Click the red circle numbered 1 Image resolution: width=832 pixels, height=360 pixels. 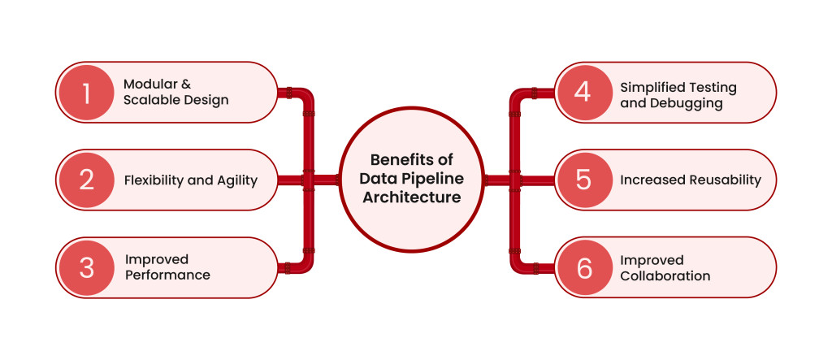[85, 93]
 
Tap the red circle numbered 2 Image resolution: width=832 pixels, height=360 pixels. [85, 180]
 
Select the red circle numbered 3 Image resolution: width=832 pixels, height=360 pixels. [85, 267]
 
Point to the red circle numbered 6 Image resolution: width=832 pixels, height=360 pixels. [583, 267]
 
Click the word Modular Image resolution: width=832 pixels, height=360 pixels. [149, 85]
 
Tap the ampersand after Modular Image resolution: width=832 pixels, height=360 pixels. [186, 85]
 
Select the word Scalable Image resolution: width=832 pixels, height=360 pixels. [149, 100]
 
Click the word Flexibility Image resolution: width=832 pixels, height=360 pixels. [153, 180]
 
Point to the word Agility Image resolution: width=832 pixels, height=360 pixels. [237, 181]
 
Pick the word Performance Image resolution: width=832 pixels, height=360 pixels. [167, 275]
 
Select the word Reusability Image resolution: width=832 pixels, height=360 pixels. [726, 180]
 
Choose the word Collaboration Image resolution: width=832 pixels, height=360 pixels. [665, 276]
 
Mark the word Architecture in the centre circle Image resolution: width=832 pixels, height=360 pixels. [412, 197]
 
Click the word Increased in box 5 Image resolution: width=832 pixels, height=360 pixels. [652, 180]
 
